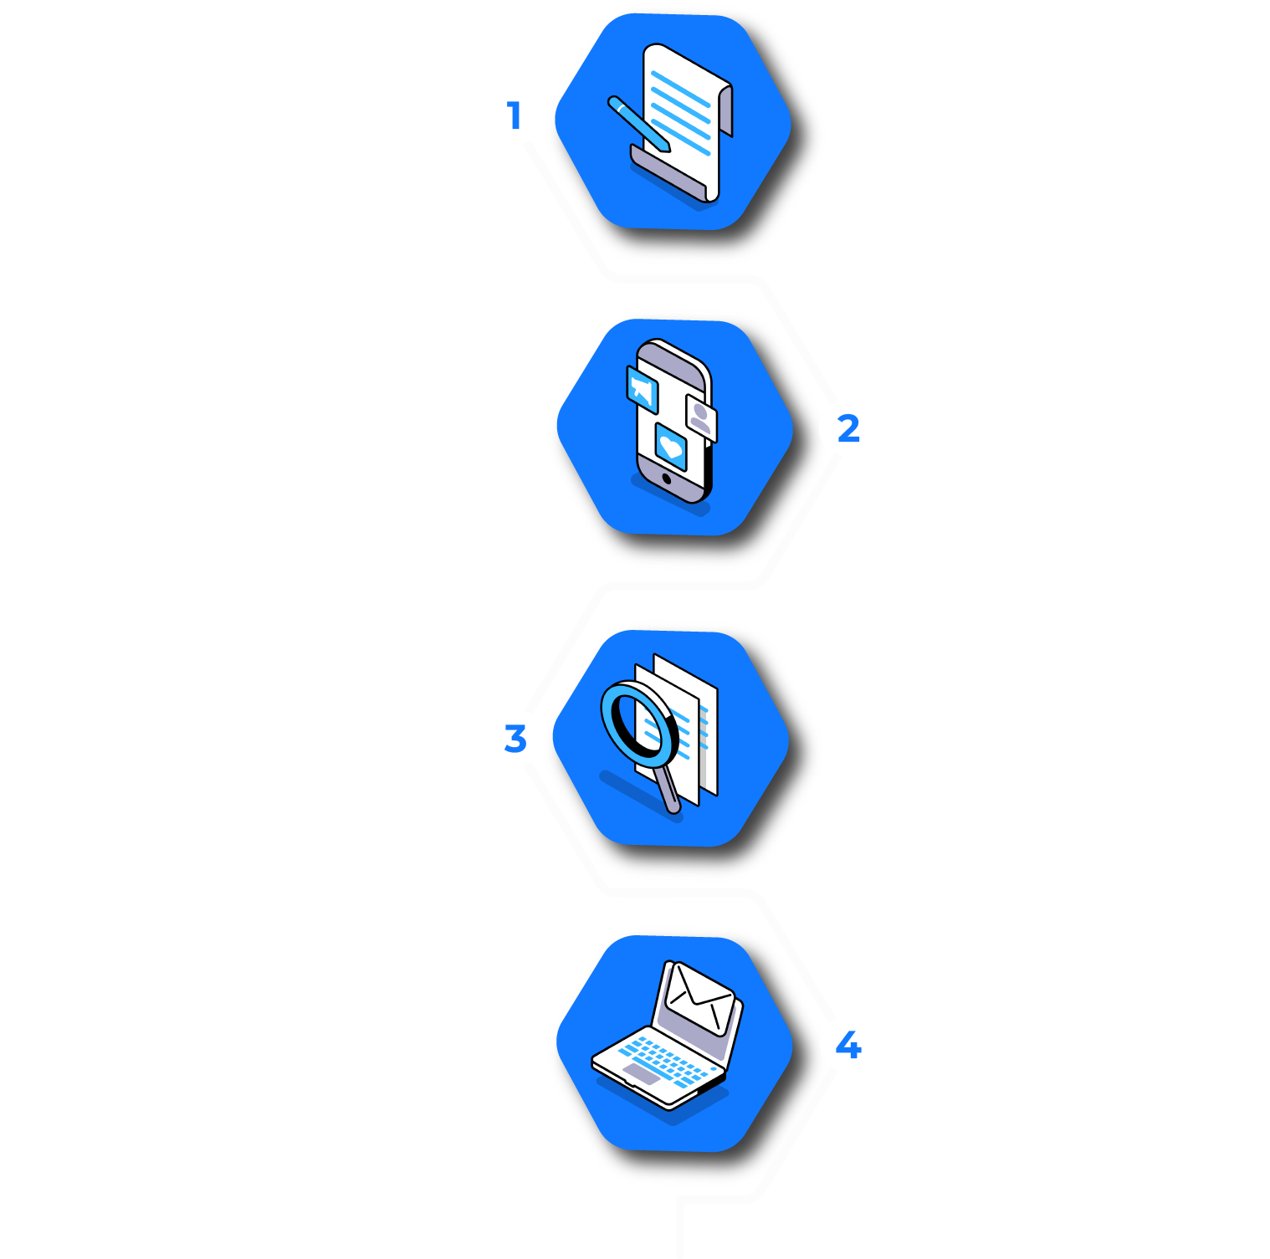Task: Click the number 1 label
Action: (515, 115)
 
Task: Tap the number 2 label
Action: (848, 428)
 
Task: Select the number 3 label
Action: (515, 739)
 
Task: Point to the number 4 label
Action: (848, 1045)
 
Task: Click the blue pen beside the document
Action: (638, 124)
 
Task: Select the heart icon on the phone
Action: (671, 447)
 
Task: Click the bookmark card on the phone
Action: (643, 388)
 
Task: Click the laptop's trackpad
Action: (643, 1074)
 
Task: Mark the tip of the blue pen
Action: (668, 150)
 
